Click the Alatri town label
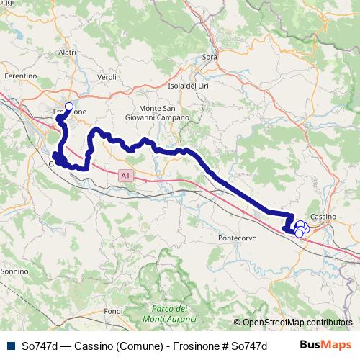point(67,52)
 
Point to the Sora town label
point(210,56)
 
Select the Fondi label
point(113,311)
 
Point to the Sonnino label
point(14,271)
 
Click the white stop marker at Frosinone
point(69,107)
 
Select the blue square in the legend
point(11,346)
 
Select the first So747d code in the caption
point(40,346)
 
